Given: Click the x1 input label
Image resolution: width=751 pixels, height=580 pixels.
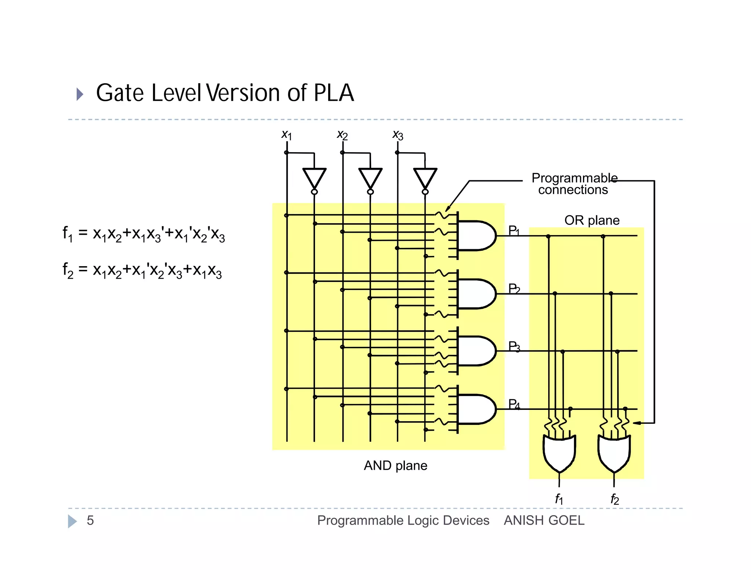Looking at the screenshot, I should click(x=286, y=135).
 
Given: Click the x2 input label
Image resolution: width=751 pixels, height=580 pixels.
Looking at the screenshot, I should click(x=342, y=135).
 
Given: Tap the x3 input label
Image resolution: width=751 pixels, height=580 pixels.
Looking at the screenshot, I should click(x=398, y=135).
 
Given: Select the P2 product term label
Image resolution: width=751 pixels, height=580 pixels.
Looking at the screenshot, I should click(x=514, y=289).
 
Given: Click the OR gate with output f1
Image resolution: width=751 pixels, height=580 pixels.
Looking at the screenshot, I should click(x=559, y=453).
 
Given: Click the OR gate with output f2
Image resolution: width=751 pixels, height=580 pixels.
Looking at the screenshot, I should click(x=614, y=453).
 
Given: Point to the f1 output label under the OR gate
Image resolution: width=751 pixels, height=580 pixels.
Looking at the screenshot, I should click(x=559, y=499).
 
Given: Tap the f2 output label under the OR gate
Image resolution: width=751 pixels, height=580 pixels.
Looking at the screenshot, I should click(x=615, y=499).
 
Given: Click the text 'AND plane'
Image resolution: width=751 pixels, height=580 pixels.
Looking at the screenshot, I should click(x=395, y=466).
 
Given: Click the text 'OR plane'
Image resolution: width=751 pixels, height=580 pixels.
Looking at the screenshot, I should click(x=591, y=220).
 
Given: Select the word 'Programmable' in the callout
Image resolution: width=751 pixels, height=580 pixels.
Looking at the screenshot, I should click(x=574, y=178).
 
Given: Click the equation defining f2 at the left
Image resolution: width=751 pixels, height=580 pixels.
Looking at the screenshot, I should click(x=142, y=271).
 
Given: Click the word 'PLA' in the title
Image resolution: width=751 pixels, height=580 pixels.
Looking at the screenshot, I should click(x=334, y=93).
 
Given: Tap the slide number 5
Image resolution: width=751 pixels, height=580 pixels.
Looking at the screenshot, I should click(x=90, y=521).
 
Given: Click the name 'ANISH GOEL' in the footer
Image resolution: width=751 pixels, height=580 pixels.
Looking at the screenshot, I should click(x=544, y=521).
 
